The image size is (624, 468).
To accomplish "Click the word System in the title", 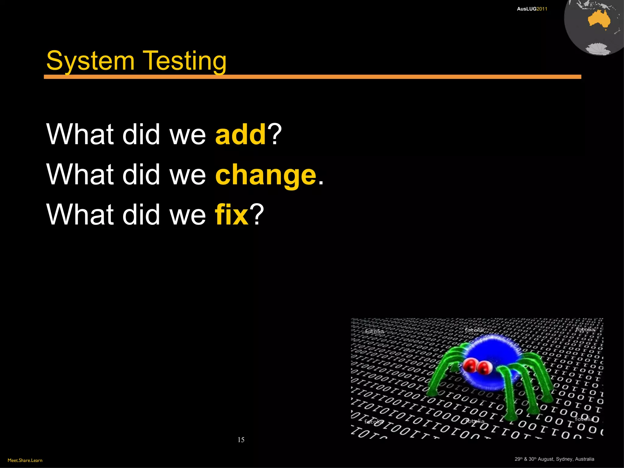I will click(x=90, y=61).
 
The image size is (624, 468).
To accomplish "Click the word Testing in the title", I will click(x=185, y=61).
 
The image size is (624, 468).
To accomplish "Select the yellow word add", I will click(x=241, y=134).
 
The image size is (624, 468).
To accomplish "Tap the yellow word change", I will click(x=266, y=175).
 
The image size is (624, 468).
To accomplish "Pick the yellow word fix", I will click(x=232, y=214).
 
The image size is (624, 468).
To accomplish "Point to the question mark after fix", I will click(x=257, y=214).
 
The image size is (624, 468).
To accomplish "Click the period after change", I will click(x=321, y=183).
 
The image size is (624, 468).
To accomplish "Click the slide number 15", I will click(x=241, y=440).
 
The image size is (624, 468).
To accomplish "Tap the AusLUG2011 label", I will click(x=532, y=9).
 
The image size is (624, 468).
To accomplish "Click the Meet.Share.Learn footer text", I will click(x=25, y=460).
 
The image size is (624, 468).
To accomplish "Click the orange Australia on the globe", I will click(x=599, y=19).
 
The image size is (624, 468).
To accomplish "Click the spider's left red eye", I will click(x=470, y=364).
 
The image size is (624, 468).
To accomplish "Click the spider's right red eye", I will click(x=484, y=367).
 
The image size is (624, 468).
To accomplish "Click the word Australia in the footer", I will click(x=584, y=459).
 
